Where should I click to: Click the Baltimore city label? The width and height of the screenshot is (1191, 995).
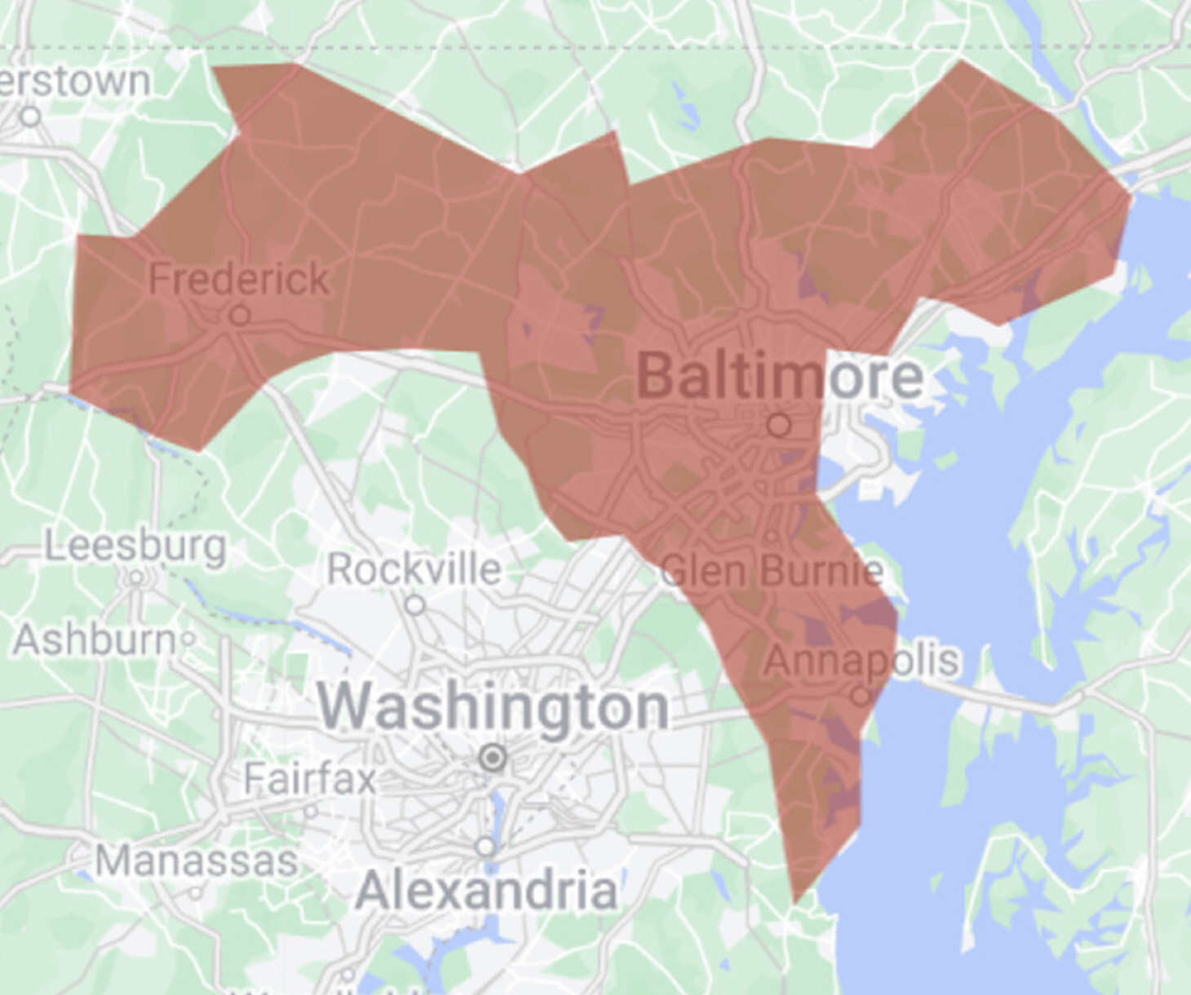(779, 376)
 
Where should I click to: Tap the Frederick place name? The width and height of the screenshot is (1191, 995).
(239, 279)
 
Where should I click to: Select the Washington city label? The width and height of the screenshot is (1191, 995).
(494, 706)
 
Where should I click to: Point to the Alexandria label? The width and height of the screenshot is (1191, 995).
(486, 890)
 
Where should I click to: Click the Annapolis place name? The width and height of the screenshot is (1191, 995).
(861, 661)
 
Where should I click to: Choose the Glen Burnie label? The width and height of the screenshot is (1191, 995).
(772, 570)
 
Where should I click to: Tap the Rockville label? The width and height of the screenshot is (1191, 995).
(414, 568)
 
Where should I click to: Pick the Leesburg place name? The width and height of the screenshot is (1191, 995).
(135, 545)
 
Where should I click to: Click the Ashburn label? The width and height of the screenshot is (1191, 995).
(94, 639)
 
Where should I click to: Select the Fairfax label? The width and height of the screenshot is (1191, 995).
(310, 778)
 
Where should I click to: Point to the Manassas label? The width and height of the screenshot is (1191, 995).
(196, 861)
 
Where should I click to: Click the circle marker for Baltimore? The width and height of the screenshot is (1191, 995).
(779, 425)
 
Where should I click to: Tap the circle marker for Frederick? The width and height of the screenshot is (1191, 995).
(240, 315)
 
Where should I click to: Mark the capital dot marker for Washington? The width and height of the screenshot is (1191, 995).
(493, 758)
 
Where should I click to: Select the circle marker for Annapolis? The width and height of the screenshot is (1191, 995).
(861, 696)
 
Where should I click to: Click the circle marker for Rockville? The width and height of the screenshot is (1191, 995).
(415, 605)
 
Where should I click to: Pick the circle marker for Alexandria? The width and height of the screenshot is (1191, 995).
(486, 847)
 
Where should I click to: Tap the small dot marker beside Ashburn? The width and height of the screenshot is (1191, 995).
(188, 639)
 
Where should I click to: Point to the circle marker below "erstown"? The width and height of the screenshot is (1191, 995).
(31, 117)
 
